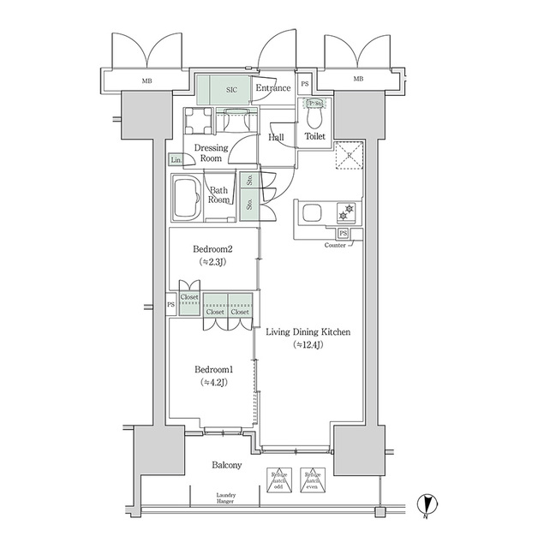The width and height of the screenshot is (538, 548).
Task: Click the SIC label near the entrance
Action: [x=232, y=88]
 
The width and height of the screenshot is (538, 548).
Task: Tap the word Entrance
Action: [x=273, y=88]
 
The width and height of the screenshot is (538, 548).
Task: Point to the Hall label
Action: [x=277, y=137]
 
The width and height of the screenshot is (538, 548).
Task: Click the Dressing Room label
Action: [x=210, y=153]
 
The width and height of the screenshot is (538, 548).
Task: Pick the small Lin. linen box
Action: [x=176, y=160]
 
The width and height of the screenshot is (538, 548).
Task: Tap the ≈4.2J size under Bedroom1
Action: [x=212, y=382]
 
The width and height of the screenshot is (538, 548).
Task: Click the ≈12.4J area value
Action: [x=308, y=345]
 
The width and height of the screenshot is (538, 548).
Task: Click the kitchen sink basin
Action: [x=310, y=211]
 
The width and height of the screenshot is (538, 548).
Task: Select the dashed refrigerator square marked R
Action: [x=349, y=157]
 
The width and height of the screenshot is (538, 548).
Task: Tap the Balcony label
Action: [x=226, y=465]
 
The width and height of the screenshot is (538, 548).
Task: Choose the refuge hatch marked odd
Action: [x=279, y=480]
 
